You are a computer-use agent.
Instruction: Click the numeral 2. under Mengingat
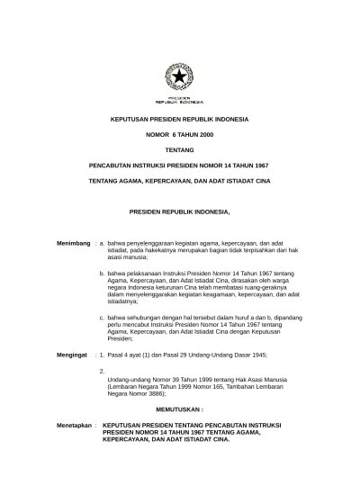click(x=103, y=370)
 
